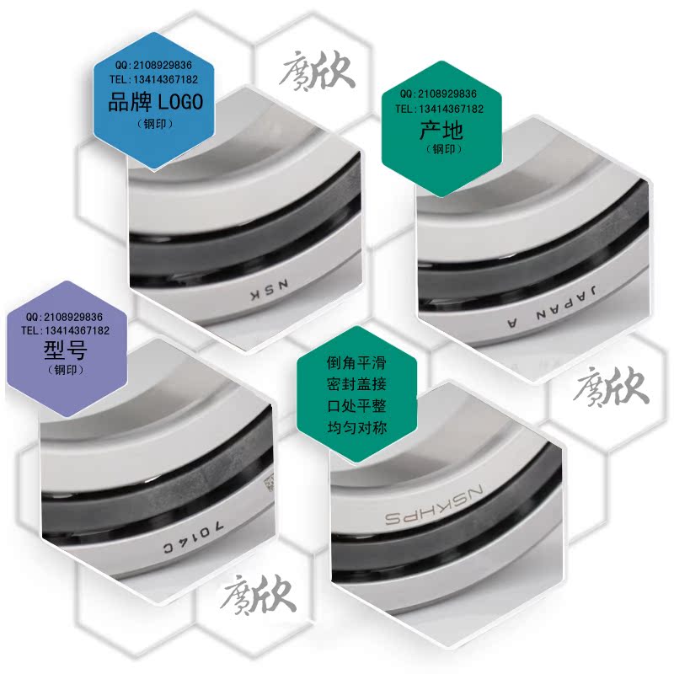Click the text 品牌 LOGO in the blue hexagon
point(156,103)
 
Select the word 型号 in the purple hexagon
point(66,349)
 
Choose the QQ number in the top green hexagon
point(439,94)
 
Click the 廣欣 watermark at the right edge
point(610,388)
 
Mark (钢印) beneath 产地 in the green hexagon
point(441,150)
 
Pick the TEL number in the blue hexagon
point(156,80)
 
